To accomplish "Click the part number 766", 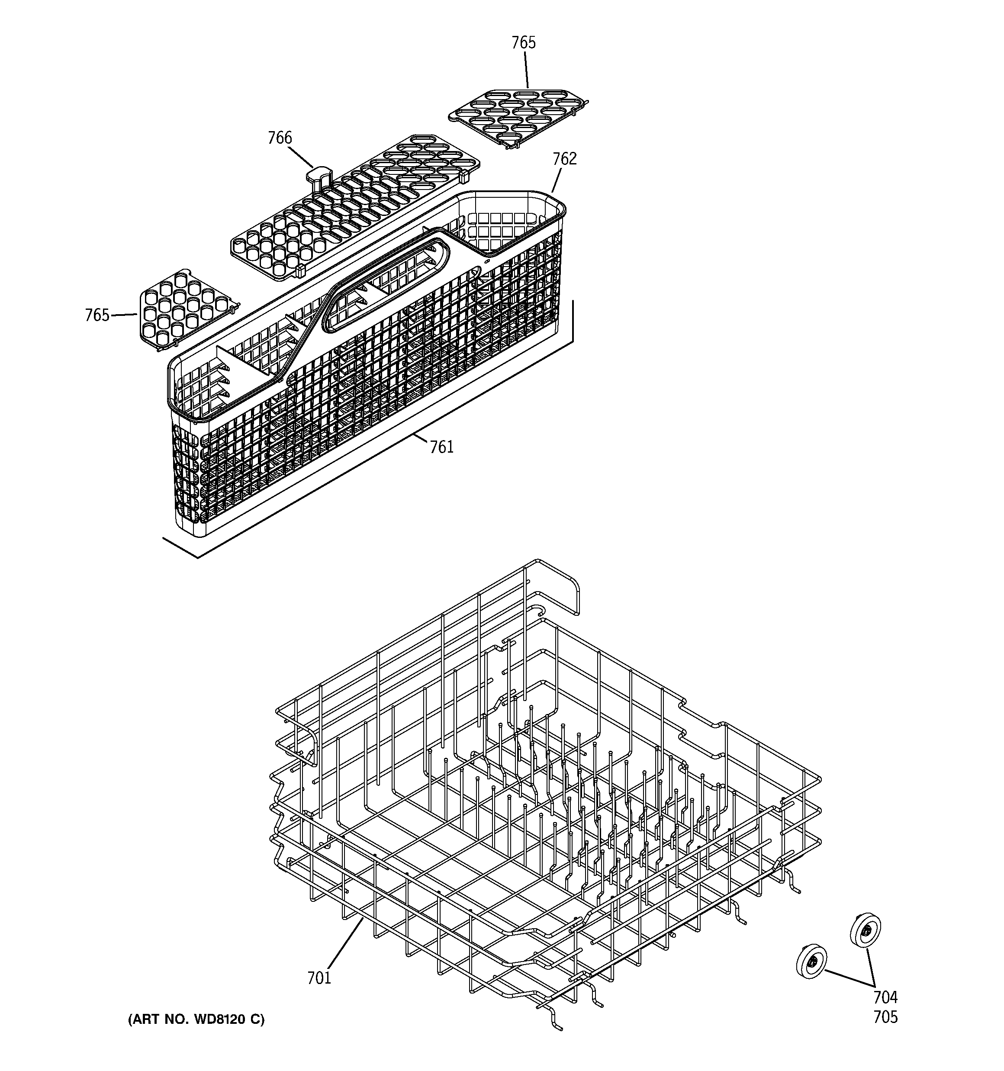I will (280, 138).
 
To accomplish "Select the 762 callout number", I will (564, 159).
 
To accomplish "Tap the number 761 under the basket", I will (441, 447).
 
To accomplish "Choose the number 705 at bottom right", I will (885, 1017).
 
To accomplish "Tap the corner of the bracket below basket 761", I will (197, 557).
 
